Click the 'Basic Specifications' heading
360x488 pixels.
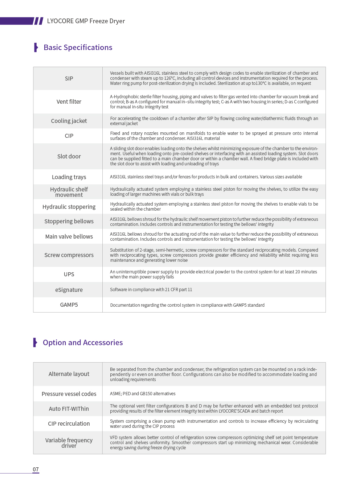point(78,47)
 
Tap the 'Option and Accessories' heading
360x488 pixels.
point(83,343)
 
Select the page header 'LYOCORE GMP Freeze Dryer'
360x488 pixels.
point(86,21)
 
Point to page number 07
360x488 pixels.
point(36,469)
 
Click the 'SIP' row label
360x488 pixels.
point(69,79)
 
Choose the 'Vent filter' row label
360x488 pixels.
point(69,102)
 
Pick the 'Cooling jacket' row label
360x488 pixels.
point(69,121)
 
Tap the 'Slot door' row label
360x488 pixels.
point(69,156)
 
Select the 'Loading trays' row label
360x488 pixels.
point(69,177)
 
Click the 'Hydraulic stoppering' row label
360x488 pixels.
point(69,207)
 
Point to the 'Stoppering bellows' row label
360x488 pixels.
point(69,222)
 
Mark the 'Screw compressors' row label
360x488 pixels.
point(69,255)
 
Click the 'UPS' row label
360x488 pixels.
point(69,274)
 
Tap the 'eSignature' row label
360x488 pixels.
point(69,290)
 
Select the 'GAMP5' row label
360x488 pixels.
point(69,305)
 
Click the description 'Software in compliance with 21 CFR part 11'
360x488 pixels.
point(151,290)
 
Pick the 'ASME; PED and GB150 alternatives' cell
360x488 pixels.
point(143,394)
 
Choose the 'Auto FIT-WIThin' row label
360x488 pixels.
point(69,409)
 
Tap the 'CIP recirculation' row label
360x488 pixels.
point(69,424)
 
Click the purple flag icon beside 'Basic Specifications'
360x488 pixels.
point(36,47)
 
